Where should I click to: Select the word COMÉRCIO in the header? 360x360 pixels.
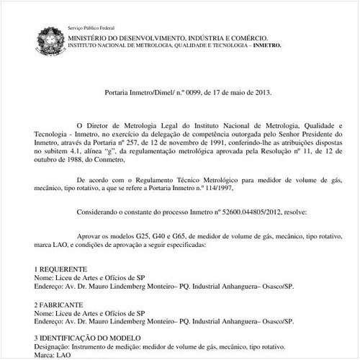(x=248, y=37)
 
